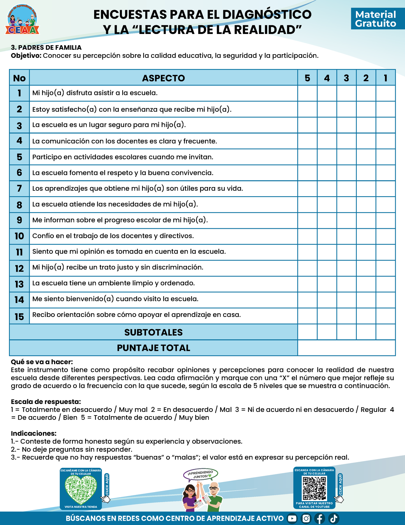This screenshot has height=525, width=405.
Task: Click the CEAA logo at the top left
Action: (x=22, y=20)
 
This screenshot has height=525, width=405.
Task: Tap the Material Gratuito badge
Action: (x=376, y=19)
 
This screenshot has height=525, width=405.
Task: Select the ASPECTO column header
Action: (x=163, y=78)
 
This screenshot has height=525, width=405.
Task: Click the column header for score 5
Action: (x=307, y=78)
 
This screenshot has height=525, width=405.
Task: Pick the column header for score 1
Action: (x=386, y=78)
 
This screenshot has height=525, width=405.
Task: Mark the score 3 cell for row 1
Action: (x=346, y=93)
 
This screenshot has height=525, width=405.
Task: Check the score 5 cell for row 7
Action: (x=307, y=189)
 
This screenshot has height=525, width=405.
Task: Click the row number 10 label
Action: (x=19, y=236)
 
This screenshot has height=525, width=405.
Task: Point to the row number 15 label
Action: (x=19, y=316)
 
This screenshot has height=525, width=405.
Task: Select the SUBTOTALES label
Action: (x=153, y=332)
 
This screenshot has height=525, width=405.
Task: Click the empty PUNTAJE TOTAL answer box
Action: (x=346, y=348)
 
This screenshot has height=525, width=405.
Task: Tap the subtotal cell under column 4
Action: (x=327, y=332)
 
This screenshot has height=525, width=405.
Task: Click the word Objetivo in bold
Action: (x=26, y=56)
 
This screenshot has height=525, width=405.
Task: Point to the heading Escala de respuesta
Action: (x=46, y=401)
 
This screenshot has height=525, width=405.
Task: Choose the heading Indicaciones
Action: (x=34, y=433)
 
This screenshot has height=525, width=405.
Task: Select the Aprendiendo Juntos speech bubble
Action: (x=200, y=474)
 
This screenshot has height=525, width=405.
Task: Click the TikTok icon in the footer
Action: (x=334, y=518)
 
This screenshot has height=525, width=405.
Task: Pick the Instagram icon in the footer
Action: (x=306, y=518)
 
